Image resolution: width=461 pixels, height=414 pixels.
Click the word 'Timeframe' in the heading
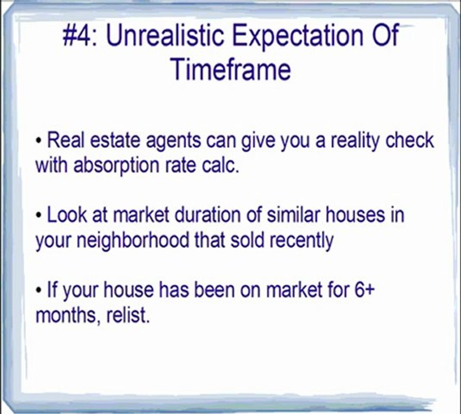click(230, 70)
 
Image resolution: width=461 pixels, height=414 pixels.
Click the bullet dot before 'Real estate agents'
click(39, 141)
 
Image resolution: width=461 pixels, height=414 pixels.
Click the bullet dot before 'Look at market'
click(39, 216)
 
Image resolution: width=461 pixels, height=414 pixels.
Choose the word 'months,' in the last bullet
click(63, 316)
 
